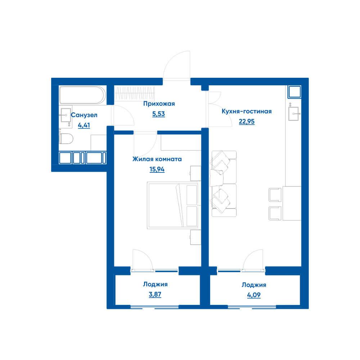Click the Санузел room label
[x=84, y=115]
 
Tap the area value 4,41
[x=84, y=125]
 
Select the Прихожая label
[x=159, y=104]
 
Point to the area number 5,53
[x=158, y=114]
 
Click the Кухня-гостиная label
[x=247, y=111]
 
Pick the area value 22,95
[x=247, y=121]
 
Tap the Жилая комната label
[x=157, y=159]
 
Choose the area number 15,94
[x=157, y=169]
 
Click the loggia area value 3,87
[x=155, y=294]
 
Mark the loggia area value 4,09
[x=254, y=295]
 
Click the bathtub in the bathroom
[x=82, y=95]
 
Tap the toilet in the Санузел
[x=66, y=139]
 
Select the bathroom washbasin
[x=66, y=115]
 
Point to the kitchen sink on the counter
[x=293, y=114]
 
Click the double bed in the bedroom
[x=173, y=205]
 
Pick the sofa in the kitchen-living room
[x=224, y=184]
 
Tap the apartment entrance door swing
[x=176, y=64]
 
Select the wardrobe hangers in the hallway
[x=135, y=93]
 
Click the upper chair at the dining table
[x=275, y=195]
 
